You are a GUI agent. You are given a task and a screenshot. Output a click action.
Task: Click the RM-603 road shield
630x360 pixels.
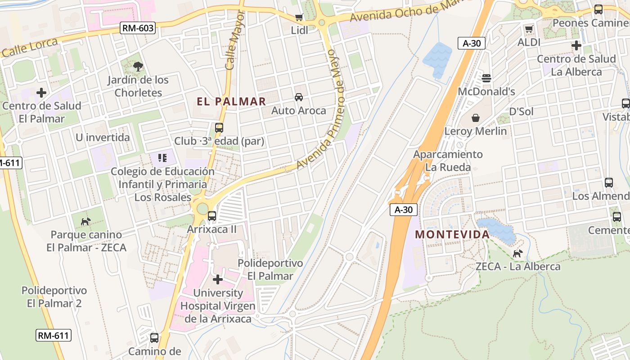138,28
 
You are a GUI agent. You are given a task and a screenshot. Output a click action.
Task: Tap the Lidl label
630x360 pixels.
300,30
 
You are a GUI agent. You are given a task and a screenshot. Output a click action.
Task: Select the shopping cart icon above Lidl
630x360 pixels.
299,18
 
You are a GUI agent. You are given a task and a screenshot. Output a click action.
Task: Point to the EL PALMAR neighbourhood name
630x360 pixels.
231,101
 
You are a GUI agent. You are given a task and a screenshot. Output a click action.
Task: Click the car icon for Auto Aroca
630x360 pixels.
298,97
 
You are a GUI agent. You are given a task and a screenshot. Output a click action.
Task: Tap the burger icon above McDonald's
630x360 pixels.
486,78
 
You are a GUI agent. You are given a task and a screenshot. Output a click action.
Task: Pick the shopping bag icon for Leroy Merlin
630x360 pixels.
476,118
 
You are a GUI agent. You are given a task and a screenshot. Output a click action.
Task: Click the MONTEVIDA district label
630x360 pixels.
452,234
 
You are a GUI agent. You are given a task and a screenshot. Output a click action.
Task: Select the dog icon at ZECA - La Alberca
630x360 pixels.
518,253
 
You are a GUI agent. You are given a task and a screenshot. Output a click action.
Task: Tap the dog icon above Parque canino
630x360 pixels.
85,221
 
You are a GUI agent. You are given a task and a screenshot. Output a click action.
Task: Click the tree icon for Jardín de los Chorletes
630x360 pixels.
138,67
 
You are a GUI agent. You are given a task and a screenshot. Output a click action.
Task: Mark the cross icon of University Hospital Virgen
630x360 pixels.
218,280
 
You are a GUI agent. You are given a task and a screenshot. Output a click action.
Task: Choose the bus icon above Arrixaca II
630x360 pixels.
212,216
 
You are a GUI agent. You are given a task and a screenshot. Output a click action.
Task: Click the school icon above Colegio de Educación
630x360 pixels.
162,158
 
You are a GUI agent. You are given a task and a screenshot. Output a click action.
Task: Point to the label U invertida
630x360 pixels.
103,138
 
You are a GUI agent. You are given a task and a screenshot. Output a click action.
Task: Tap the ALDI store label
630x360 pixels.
529,42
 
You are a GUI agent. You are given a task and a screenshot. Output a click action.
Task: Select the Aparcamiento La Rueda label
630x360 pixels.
448,161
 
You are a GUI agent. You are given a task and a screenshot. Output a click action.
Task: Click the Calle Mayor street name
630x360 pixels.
236,40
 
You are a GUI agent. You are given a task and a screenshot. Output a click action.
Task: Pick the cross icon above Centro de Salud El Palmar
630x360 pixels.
41,93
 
